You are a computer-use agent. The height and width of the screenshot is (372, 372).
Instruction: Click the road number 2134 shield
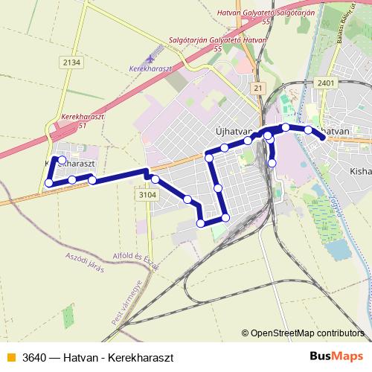click(71, 62)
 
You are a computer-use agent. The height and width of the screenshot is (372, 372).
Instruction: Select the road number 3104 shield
click(148, 193)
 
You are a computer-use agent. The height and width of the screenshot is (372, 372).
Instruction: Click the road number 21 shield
click(258, 88)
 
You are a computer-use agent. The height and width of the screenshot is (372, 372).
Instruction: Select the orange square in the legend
click(10, 356)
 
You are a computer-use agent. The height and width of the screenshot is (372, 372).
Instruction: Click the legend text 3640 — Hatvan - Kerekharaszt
click(92, 356)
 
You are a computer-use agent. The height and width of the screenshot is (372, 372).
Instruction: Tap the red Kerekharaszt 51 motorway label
click(83, 121)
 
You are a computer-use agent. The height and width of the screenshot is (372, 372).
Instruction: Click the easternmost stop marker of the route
click(322, 136)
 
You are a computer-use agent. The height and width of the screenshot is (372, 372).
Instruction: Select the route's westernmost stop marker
click(49, 183)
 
